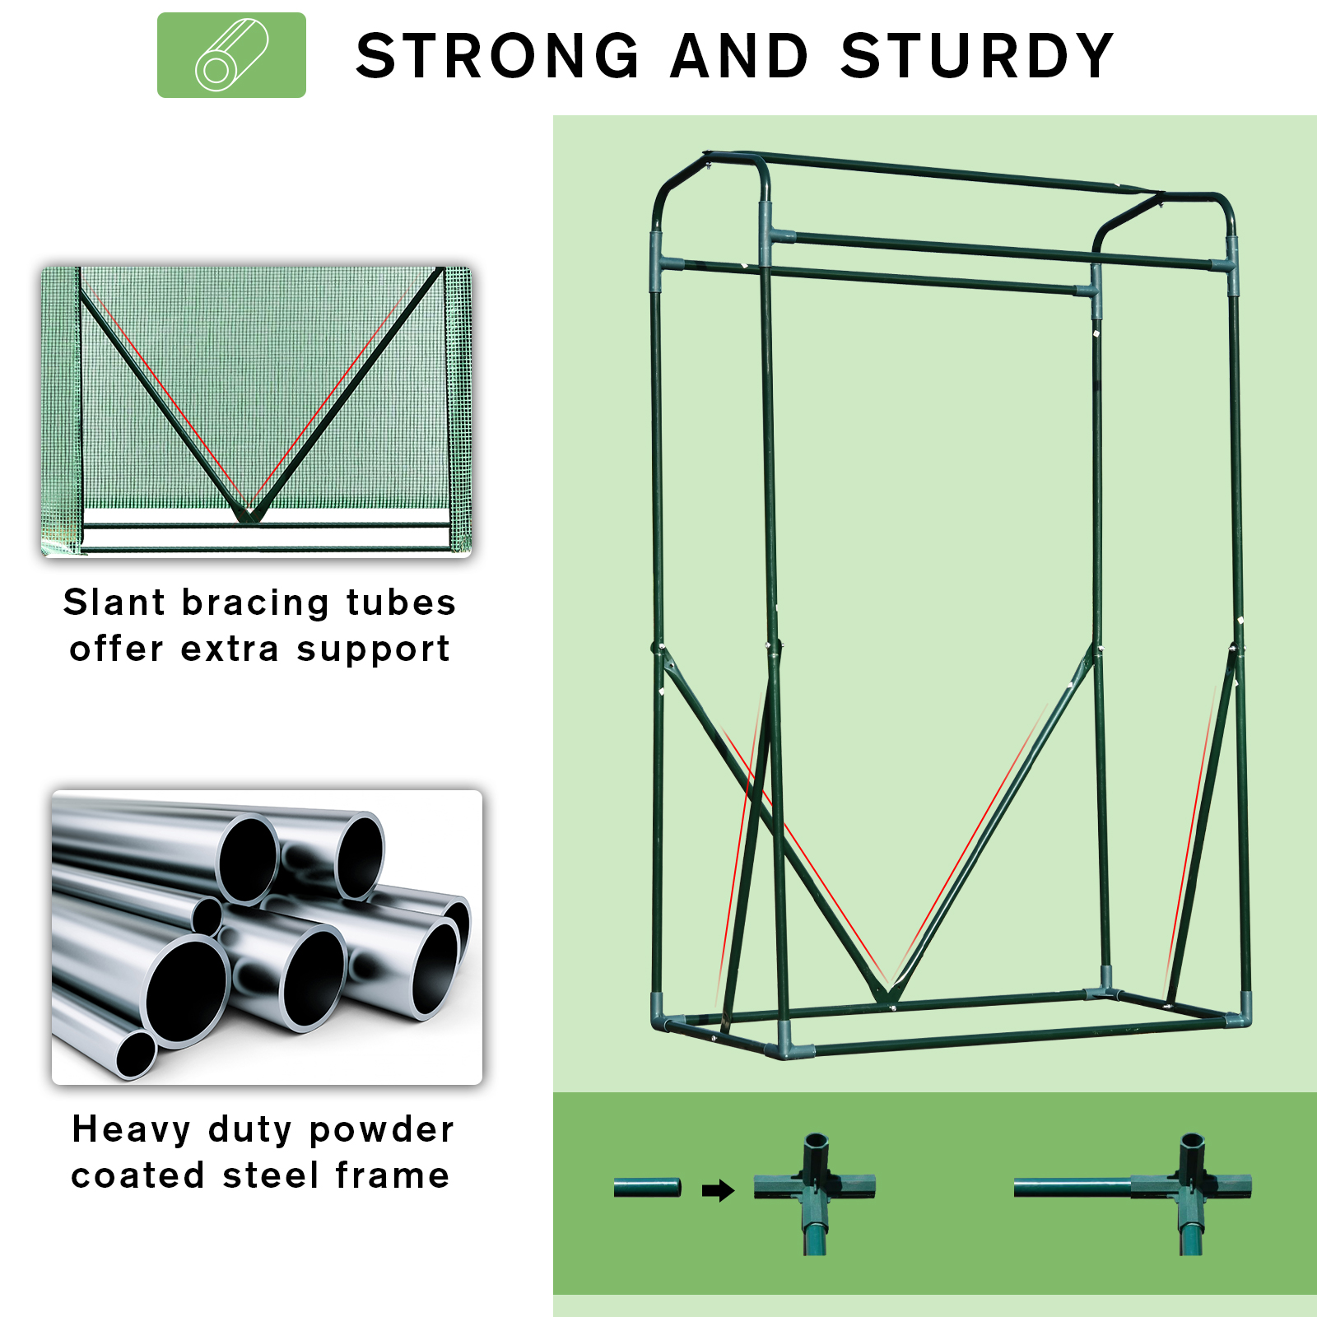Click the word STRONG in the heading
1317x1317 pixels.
click(497, 56)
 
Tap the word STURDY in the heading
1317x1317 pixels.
click(977, 56)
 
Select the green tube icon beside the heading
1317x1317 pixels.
click(231, 55)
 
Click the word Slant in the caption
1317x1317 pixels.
click(115, 602)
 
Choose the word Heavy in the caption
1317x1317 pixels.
click(131, 1129)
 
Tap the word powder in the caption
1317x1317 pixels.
click(381, 1130)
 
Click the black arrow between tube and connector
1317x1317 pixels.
click(718, 1190)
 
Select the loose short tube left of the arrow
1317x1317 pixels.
click(647, 1188)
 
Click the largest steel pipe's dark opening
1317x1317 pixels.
click(188, 990)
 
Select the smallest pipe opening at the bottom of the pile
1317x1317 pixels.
click(136, 1055)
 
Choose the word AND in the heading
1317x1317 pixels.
click(739, 56)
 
